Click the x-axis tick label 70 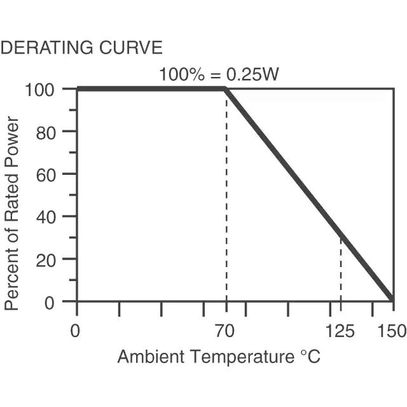[x=224, y=331]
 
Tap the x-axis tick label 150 [x=390, y=331]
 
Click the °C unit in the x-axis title [x=310, y=357]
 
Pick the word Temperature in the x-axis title [x=239, y=357]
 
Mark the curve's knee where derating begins [x=226, y=90]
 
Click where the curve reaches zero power [x=392, y=300]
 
